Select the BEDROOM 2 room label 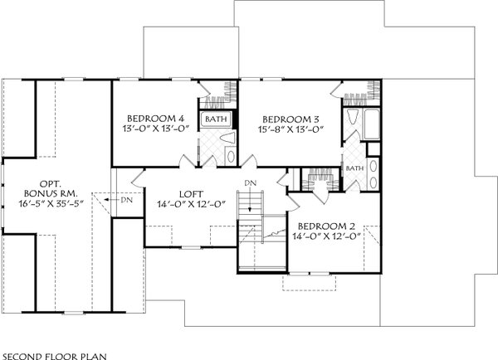326,226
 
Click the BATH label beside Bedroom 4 216,119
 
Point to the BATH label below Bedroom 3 355,168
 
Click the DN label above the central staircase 250,182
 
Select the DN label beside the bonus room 126,199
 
